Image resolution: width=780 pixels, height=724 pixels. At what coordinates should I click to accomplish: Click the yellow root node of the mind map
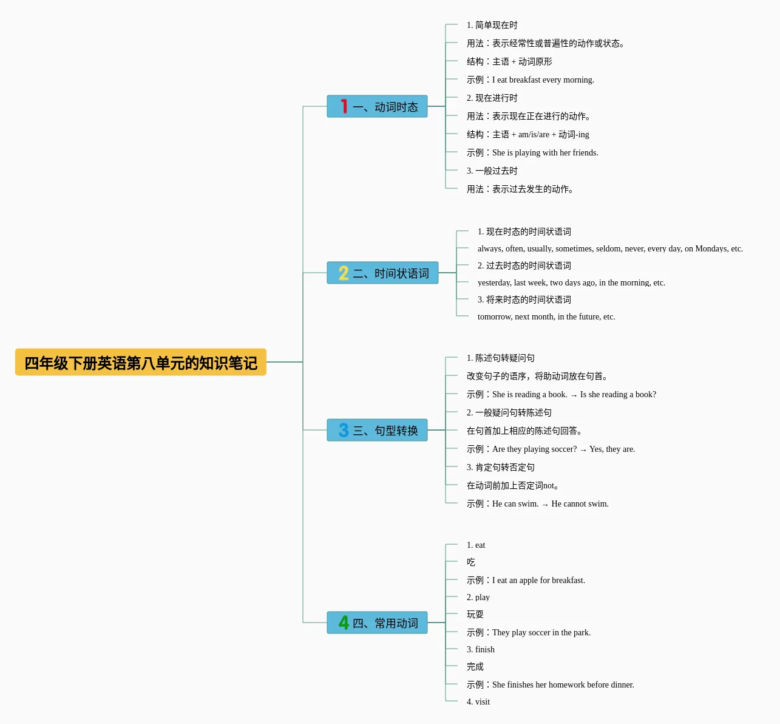(140, 363)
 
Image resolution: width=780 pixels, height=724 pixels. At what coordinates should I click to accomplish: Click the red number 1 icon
(344, 107)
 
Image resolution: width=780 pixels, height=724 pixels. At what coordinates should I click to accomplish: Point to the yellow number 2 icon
(344, 273)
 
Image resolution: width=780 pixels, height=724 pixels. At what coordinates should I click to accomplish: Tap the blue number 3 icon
(344, 431)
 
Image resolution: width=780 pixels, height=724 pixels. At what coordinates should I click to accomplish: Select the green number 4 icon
(344, 623)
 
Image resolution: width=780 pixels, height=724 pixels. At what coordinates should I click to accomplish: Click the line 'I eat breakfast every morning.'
(531, 80)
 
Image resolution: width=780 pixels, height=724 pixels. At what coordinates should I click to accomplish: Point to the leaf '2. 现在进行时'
(492, 98)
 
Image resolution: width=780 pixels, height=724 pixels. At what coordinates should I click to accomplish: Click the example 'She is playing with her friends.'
(532, 152)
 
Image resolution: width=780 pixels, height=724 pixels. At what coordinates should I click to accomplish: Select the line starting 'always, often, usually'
(610, 248)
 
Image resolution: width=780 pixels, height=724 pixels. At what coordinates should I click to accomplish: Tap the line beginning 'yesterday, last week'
(571, 282)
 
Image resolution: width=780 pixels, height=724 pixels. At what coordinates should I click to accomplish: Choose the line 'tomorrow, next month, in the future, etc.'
(546, 316)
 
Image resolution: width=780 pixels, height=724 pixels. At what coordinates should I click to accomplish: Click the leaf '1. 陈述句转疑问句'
(500, 358)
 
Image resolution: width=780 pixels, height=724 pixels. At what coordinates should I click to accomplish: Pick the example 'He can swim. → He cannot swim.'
(537, 504)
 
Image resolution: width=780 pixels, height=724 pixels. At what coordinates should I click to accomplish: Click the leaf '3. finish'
(480, 649)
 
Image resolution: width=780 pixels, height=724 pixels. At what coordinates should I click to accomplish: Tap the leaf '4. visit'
(478, 702)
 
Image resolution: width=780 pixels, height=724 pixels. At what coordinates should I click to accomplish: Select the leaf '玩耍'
(475, 615)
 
